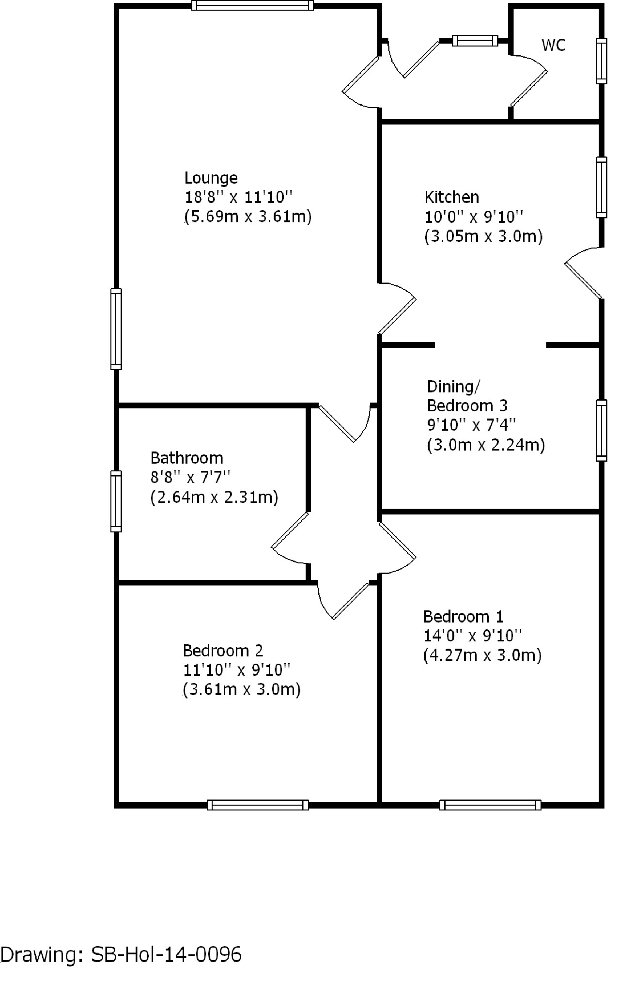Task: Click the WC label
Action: tap(553, 45)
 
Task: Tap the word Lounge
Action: tap(211, 178)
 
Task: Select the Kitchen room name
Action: tap(451, 197)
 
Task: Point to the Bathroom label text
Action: tap(186, 458)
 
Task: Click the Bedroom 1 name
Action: tap(463, 617)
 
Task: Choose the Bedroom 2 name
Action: tap(223, 650)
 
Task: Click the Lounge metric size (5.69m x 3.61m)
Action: tap(247, 217)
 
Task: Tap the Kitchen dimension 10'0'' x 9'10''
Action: tap(474, 217)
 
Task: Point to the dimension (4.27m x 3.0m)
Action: tap(482, 655)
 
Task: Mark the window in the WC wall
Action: tap(601, 61)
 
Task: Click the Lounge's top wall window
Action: tap(252, 5)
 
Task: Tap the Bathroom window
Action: tap(116, 501)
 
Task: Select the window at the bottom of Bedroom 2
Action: tap(258, 805)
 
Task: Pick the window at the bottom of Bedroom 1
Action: tap(490, 805)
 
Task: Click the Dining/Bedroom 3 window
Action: tap(601, 430)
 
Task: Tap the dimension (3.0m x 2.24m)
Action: tap(486, 445)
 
